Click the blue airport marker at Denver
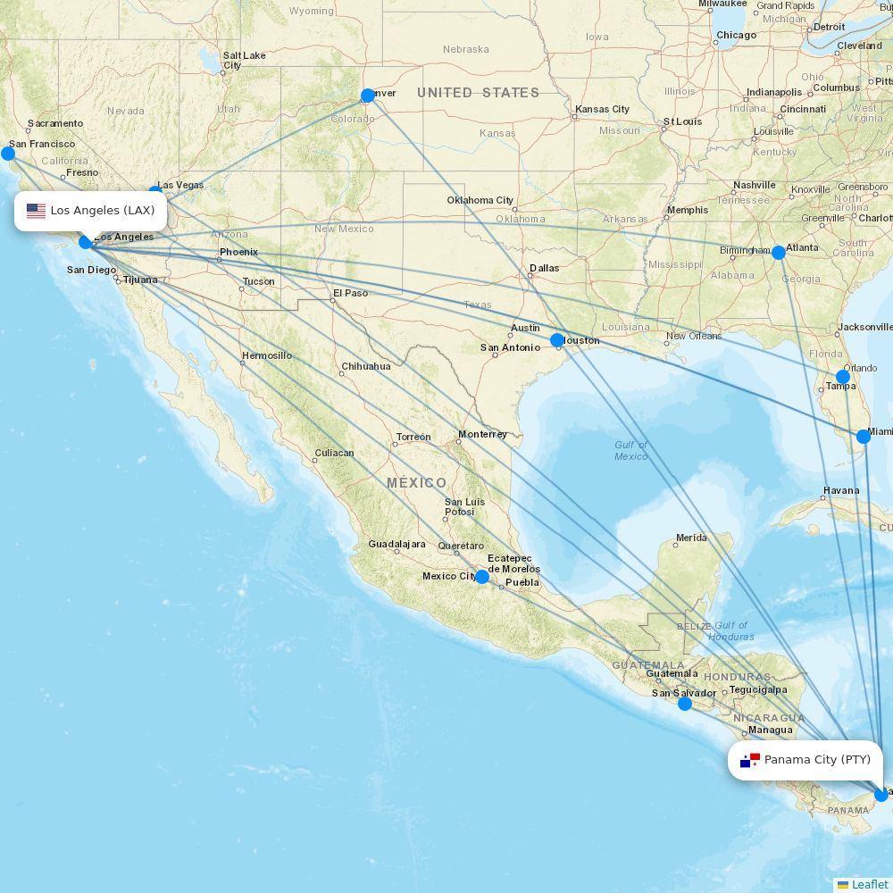click(368, 96)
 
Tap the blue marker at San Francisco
click(8, 154)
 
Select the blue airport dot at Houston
click(557, 340)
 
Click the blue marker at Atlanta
click(779, 253)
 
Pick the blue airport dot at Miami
click(864, 437)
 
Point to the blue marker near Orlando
click(843, 377)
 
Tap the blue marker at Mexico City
click(482, 577)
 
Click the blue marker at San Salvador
click(685, 704)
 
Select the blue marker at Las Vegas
click(155, 192)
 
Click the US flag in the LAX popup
click(36, 211)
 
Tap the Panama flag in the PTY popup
click(750, 760)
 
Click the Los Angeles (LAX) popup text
click(103, 211)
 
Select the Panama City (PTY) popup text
click(817, 760)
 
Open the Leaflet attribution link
click(869, 884)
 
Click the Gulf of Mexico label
click(631, 451)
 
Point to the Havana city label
click(841, 490)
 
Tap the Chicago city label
click(736, 36)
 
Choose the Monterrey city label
click(482, 435)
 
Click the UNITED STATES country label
click(478, 93)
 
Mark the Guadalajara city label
click(396, 544)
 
